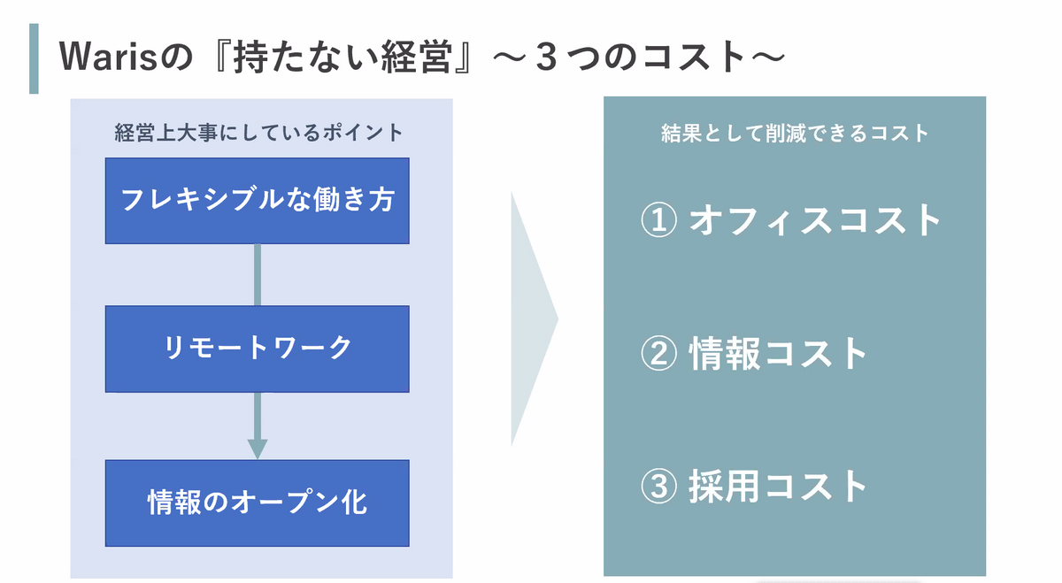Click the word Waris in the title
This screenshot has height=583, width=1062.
(108, 57)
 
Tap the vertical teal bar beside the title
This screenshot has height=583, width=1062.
(34, 58)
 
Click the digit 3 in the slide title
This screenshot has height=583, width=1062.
(546, 57)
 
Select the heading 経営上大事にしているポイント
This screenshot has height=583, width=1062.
(258, 133)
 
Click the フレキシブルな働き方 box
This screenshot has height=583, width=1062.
(257, 201)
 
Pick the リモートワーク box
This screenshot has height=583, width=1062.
(257, 349)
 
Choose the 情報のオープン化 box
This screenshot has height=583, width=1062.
(257, 502)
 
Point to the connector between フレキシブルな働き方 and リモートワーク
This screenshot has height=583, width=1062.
(258, 275)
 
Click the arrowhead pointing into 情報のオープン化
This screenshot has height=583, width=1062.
(258, 449)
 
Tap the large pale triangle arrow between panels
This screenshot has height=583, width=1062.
(531, 319)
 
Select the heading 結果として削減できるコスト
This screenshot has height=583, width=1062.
(795, 134)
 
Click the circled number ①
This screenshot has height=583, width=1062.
(658, 220)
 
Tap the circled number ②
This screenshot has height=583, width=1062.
(658, 353)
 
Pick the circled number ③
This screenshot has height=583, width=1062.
(658, 487)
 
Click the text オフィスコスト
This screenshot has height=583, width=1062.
(814, 220)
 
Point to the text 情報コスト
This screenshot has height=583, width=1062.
(778, 353)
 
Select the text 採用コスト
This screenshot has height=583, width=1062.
(778, 487)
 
